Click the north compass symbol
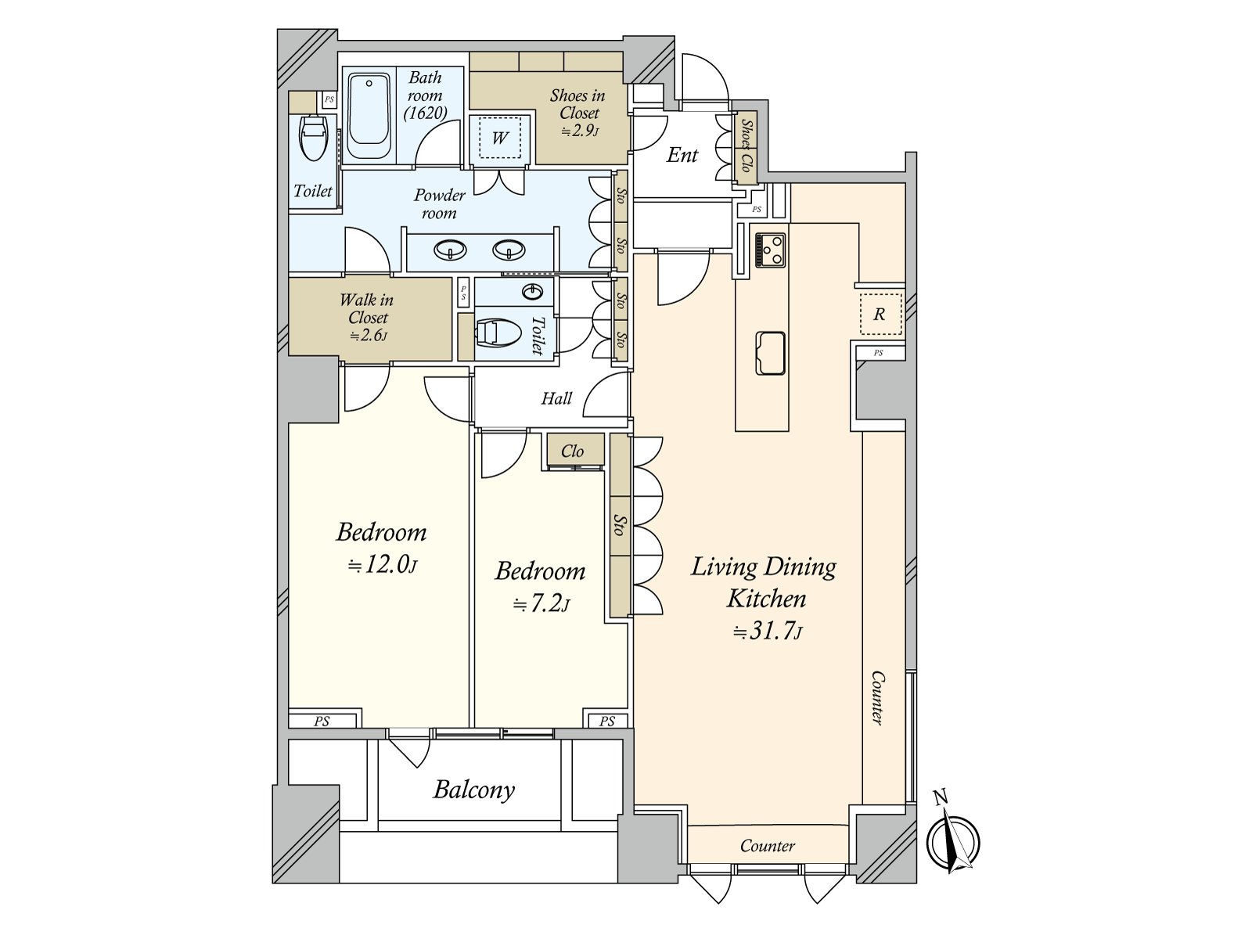953,842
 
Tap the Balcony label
474,790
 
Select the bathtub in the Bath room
369,117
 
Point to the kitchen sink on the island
770,354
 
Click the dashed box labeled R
880,314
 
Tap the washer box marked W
500,138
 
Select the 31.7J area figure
768,631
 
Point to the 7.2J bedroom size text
541,603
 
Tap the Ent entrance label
682,155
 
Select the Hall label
556,398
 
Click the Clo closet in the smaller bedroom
575,451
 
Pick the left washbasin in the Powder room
451,250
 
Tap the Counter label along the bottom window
767,846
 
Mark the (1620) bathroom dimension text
426,113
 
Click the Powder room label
439,204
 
